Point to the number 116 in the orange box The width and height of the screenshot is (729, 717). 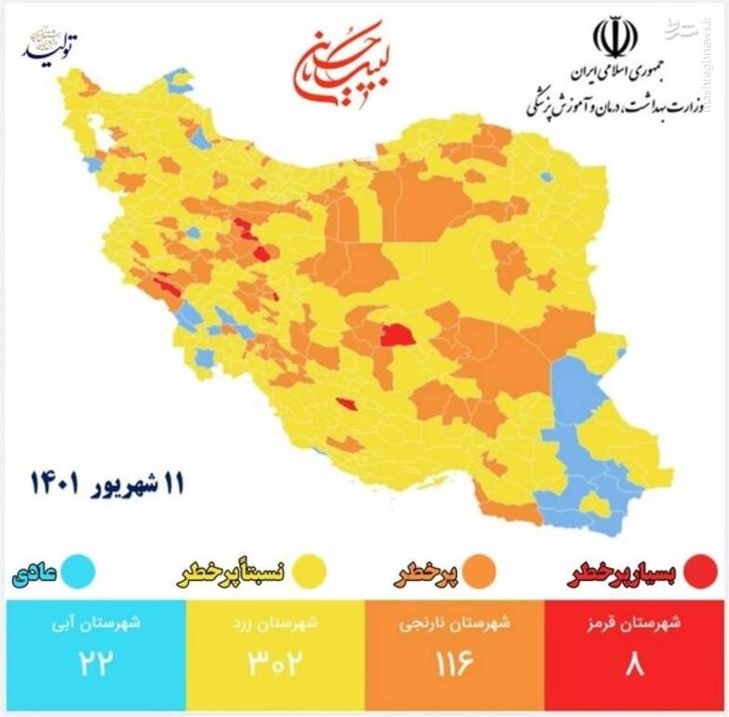click(455, 664)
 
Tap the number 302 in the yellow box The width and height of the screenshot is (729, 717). click(275, 664)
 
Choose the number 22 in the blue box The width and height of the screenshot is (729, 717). click(95, 664)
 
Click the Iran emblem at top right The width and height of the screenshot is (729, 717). click(615, 37)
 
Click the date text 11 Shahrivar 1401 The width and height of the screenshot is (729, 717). click(107, 483)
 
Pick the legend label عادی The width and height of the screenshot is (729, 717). click(35, 571)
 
